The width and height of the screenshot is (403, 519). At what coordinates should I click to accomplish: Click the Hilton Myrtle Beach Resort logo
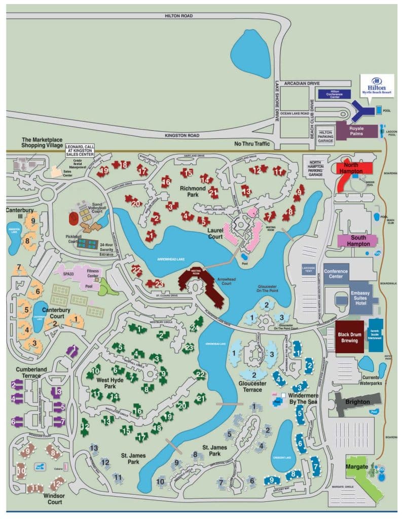[377, 86]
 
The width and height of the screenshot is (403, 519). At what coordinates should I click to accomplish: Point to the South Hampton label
[357, 240]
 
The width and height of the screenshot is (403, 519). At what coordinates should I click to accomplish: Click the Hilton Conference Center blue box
[335, 94]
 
